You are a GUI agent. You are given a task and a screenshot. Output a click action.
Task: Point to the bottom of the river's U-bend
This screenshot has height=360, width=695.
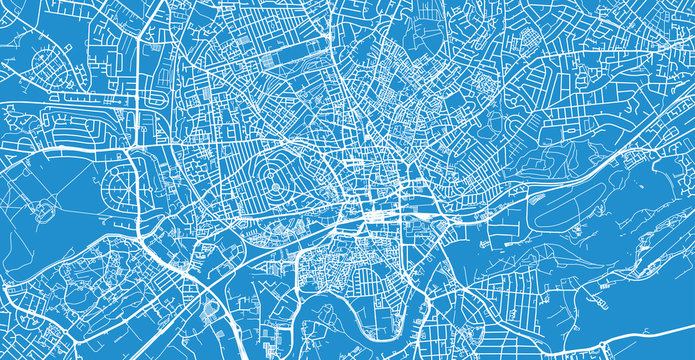click(345, 330)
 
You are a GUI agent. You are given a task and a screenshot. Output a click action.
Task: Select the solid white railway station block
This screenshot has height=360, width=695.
click(380, 213)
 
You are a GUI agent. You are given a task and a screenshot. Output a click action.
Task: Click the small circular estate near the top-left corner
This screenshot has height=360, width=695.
click(49, 66)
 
